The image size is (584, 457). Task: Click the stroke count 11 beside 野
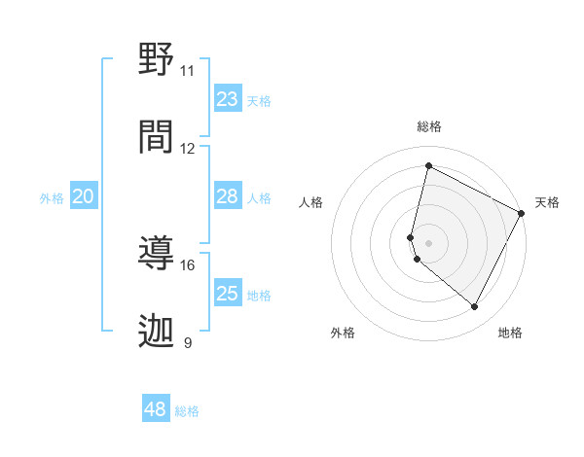click(x=187, y=71)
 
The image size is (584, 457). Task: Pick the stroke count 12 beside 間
click(x=187, y=149)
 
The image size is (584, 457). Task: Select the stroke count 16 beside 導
click(x=187, y=264)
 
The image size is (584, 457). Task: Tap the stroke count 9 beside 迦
click(x=187, y=342)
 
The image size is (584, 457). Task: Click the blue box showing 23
click(x=228, y=99)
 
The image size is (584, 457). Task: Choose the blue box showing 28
click(x=228, y=196)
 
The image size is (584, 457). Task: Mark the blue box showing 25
click(x=228, y=294)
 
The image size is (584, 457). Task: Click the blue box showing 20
click(x=84, y=196)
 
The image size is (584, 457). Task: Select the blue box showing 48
click(x=156, y=409)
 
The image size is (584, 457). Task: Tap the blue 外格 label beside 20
click(x=52, y=198)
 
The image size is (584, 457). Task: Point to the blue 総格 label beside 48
click(x=187, y=411)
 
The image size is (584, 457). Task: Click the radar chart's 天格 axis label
click(x=547, y=202)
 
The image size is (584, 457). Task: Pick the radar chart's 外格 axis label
click(x=343, y=333)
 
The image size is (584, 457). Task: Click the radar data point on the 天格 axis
click(x=523, y=213)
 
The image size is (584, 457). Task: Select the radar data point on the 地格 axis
click(x=475, y=307)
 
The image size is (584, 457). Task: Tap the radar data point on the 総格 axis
click(x=428, y=165)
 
